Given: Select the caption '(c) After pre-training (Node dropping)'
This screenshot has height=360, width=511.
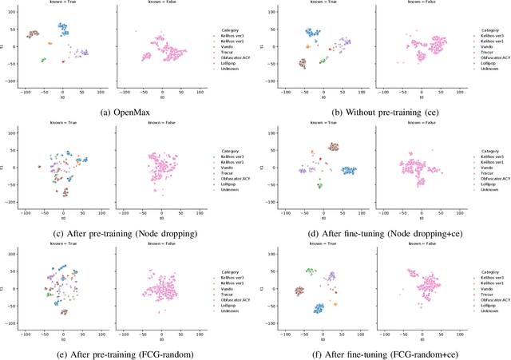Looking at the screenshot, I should pos(128,232).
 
